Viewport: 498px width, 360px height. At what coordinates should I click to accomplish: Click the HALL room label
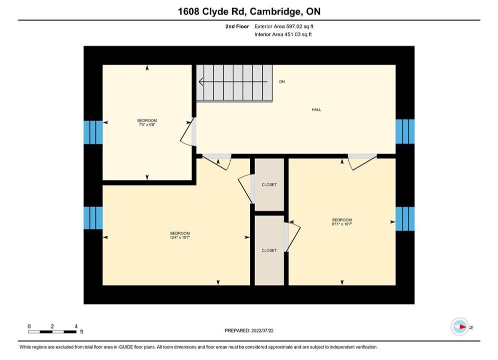316,109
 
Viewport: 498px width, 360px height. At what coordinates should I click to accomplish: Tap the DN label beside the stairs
282,82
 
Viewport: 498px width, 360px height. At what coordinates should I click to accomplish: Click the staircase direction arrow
233,82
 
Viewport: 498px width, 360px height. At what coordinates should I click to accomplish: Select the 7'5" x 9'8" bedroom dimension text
147,125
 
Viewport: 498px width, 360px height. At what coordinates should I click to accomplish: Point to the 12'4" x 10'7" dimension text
180,237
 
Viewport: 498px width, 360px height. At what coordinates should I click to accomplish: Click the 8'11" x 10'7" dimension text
342,224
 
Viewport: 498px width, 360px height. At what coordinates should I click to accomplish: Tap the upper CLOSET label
269,184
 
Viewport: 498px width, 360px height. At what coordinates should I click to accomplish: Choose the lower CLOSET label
269,250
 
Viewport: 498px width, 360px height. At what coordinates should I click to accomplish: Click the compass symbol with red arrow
459,326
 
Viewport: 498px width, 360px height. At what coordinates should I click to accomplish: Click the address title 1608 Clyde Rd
211,11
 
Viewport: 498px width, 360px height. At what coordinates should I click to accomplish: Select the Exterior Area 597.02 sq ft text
284,26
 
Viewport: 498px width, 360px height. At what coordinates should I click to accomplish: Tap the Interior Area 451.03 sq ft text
283,34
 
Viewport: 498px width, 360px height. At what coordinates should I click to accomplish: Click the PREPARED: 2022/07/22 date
249,330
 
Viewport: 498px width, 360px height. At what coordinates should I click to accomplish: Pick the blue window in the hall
405,131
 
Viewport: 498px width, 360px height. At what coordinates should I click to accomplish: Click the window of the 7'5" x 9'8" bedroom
93,132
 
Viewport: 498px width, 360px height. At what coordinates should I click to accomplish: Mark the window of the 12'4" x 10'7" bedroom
93,218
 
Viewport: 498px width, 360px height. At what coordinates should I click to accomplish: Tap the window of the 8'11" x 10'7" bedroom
405,219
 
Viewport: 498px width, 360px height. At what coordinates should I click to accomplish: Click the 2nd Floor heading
237,26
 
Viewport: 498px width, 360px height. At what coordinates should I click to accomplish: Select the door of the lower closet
292,236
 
